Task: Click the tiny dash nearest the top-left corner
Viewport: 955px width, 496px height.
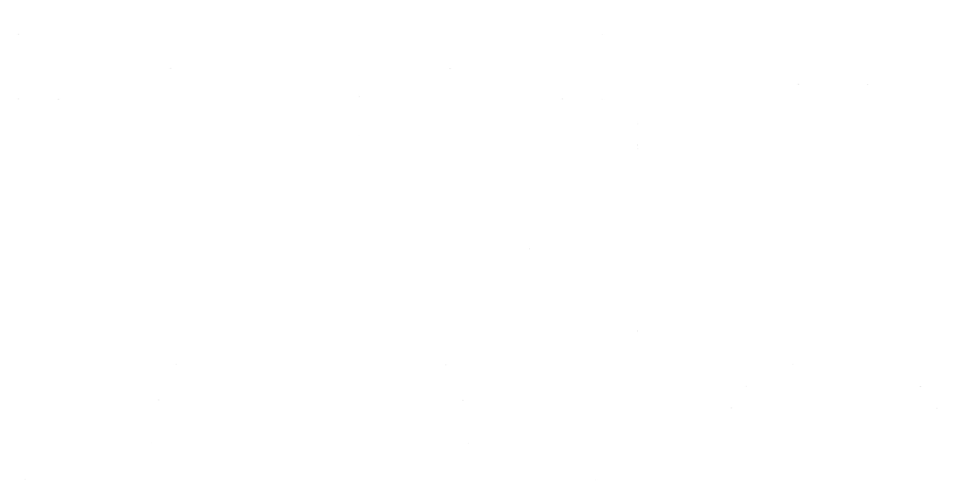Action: pyautogui.click(x=18, y=34)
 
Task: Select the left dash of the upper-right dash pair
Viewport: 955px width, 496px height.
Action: pyautogui.click(x=798, y=85)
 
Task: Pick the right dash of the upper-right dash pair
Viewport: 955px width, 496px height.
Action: pyautogui.click(x=867, y=85)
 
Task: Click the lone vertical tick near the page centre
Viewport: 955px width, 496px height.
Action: pyautogui.click(x=529, y=248)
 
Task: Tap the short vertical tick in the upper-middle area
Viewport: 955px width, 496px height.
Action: pyautogui.click(x=359, y=97)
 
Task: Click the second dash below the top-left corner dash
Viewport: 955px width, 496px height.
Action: pyautogui.click(x=18, y=99)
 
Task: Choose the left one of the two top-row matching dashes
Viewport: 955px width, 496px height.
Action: pyautogui.click(x=170, y=68)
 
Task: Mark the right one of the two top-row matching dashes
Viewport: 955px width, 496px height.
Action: pyautogui.click(x=450, y=68)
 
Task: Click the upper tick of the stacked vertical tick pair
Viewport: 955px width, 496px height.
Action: pyautogui.click(x=638, y=124)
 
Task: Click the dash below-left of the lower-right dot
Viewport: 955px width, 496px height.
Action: pyautogui.click(x=731, y=408)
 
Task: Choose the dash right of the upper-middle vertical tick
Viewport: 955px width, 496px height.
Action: pyautogui.click(x=562, y=99)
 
